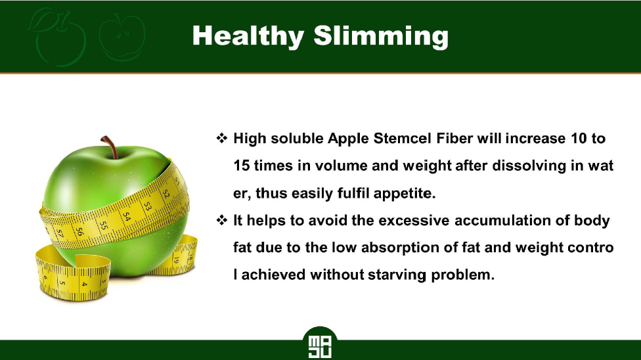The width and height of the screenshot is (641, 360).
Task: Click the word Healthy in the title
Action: coord(248,36)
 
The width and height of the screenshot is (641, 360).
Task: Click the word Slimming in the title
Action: coord(381,36)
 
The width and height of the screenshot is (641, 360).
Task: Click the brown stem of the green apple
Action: coord(110,147)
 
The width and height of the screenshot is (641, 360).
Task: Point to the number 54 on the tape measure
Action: coord(127,217)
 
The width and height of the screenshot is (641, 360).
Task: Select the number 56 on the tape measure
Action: coord(79,232)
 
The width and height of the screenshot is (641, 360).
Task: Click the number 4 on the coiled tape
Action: coord(84,284)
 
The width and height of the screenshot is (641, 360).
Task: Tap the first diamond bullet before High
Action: coord(221,138)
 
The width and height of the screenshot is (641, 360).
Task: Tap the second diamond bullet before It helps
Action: coord(221,220)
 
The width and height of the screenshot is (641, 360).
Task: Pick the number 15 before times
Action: coord(241,166)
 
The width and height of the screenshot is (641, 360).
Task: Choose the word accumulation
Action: coord(502,221)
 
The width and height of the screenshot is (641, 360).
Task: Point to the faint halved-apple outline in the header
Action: coord(122,37)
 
